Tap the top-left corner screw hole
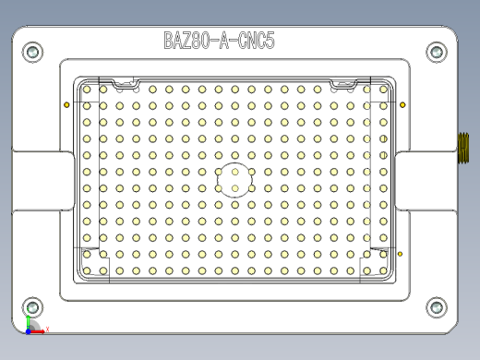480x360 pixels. pos(33,53)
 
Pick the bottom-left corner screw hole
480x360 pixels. pos(33,307)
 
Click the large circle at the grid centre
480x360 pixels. pos(235,180)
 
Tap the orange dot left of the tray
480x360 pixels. pos(66,104)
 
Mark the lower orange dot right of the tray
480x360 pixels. pos(400,253)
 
